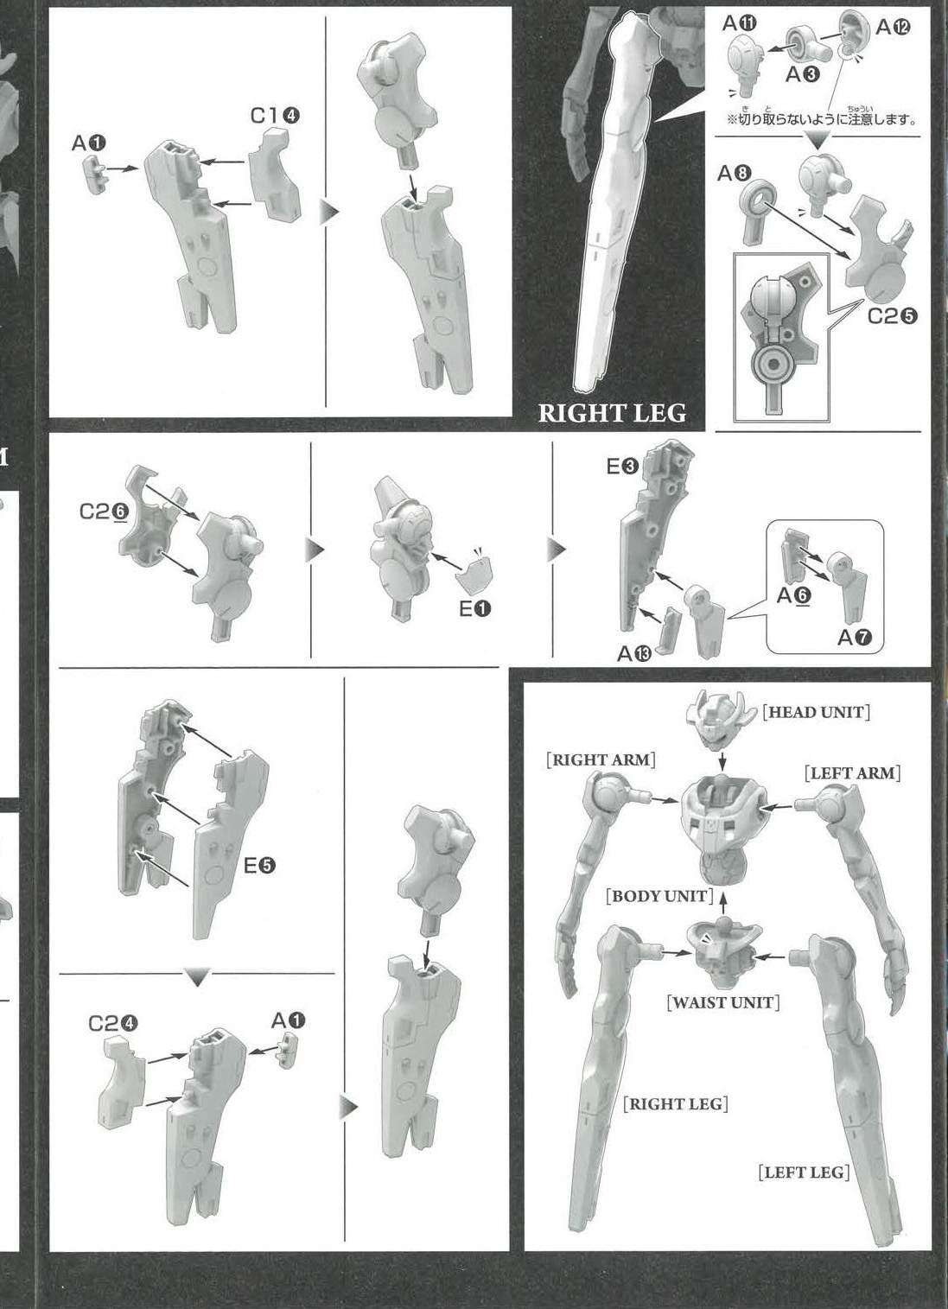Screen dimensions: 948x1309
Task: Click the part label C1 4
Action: pos(275,116)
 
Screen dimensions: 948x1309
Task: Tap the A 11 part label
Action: pos(740,23)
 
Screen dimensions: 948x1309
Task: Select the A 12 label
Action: pos(893,27)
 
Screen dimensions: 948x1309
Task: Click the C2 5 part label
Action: pos(892,315)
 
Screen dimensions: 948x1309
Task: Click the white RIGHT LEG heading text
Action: pos(612,413)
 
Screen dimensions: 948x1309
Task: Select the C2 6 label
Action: pos(104,512)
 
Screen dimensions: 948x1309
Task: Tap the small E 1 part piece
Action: pos(474,575)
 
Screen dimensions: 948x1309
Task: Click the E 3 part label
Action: pos(622,467)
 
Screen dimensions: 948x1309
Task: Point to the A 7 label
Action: pos(855,638)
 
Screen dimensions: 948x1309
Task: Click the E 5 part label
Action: pos(260,865)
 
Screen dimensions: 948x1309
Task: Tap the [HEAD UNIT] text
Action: pos(816,712)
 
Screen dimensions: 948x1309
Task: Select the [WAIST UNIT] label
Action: pos(723,1003)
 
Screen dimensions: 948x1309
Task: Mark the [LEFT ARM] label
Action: pos(852,773)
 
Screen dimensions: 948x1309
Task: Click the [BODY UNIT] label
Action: pos(660,896)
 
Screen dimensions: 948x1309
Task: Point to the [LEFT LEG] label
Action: pos(804,1172)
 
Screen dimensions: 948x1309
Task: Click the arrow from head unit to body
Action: pos(722,760)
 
